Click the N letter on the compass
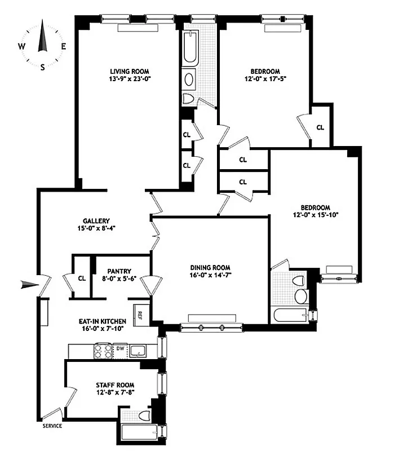coord(43,24)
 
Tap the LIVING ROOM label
coord(129,71)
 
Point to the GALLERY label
coord(96,221)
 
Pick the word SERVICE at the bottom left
coord(52,426)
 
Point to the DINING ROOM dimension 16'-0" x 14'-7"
coord(210,276)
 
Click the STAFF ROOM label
coord(114,384)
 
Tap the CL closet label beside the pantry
coord(82,277)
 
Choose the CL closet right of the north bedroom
coord(320,127)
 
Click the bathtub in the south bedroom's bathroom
coord(290,316)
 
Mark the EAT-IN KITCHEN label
coord(102,321)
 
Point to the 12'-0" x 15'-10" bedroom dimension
coord(314,215)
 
